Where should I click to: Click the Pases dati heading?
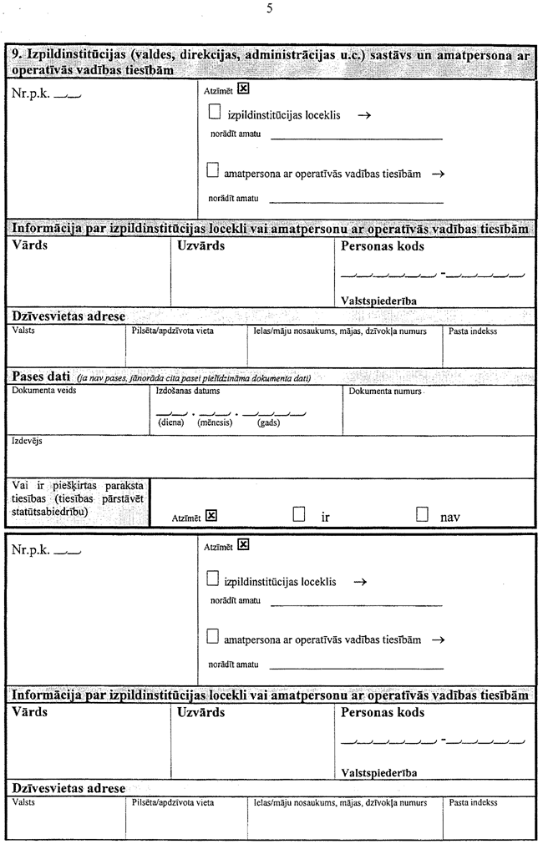tap(40, 378)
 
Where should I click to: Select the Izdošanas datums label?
tap(185, 390)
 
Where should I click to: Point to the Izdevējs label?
tap(27, 440)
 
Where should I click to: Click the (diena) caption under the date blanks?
tap(171, 422)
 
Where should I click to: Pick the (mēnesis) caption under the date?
tap(214, 422)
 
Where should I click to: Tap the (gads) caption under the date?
tap(268, 422)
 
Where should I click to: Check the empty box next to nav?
tap(422, 515)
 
